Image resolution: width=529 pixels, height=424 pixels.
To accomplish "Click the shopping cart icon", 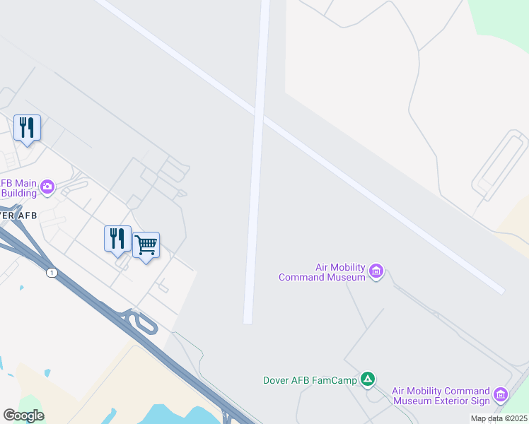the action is pyautogui.click(x=146, y=246).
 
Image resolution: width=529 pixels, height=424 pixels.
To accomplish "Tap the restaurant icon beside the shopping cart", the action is pyautogui.click(x=117, y=239).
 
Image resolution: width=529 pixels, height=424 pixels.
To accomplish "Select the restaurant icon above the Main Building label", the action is pyautogui.click(x=27, y=129).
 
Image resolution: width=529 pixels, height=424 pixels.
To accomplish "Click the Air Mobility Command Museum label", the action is pyautogui.click(x=322, y=272).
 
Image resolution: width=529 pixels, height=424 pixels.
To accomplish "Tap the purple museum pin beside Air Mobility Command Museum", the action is pyautogui.click(x=376, y=271).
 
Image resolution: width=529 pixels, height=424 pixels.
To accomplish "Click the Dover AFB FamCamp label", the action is pyautogui.click(x=310, y=379).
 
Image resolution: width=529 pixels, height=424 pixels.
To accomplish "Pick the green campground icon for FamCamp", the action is pyautogui.click(x=368, y=379).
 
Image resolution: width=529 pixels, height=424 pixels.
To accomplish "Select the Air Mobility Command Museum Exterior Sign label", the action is pyautogui.click(x=441, y=396).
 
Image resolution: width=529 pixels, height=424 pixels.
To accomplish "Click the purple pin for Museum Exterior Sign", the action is pyautogui.click(x=501, y=395).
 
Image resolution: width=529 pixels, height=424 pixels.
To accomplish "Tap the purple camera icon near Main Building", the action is pyautogui.click(x=47, y=187).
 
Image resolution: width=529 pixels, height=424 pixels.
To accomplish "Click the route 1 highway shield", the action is pyautogui.click(x=51, y=272).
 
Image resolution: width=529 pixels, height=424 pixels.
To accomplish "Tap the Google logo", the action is pyautogui.click(x=23, y=416).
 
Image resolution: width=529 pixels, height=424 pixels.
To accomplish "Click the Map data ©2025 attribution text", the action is pyautogui.click(x=499, y=418).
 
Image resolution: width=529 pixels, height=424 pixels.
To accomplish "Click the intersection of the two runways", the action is pyautogui.click(x=260, y=115).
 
